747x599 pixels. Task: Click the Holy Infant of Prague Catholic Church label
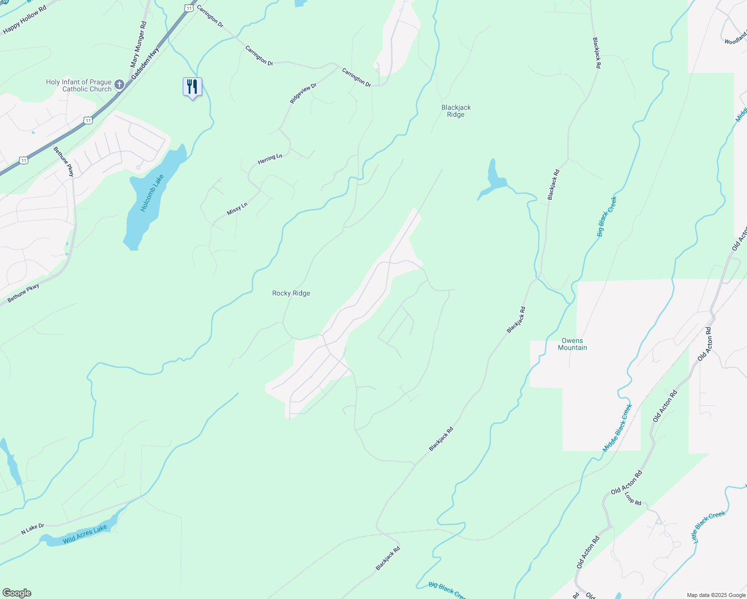(x=79, y=85)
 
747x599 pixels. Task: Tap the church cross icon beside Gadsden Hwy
(x=119, y=84)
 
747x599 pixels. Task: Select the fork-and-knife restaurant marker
(x=192, y=87)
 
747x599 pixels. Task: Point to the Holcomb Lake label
(x=152, y=193)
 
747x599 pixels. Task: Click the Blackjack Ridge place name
(x=456, y=111)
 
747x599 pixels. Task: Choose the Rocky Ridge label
(x=291, y=293)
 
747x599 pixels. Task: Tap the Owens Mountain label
(x=572, y=344)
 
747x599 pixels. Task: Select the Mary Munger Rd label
(x=138, y=44)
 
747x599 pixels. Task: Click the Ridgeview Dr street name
(x=303, y=93)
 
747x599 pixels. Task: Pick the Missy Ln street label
(x=237, y=209)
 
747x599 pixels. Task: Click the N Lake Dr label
(x=32, y=529)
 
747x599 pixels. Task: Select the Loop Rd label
(x=633, y=498)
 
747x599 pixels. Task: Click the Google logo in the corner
(x=16, y=593)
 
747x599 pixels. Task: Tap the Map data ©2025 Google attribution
(x=716, y=595)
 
